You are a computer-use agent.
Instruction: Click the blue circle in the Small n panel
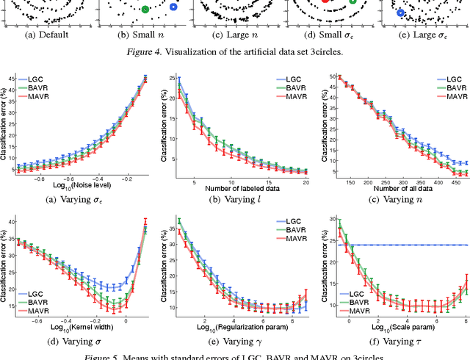[173, 7]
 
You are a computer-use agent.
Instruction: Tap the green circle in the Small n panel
[145, 9]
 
